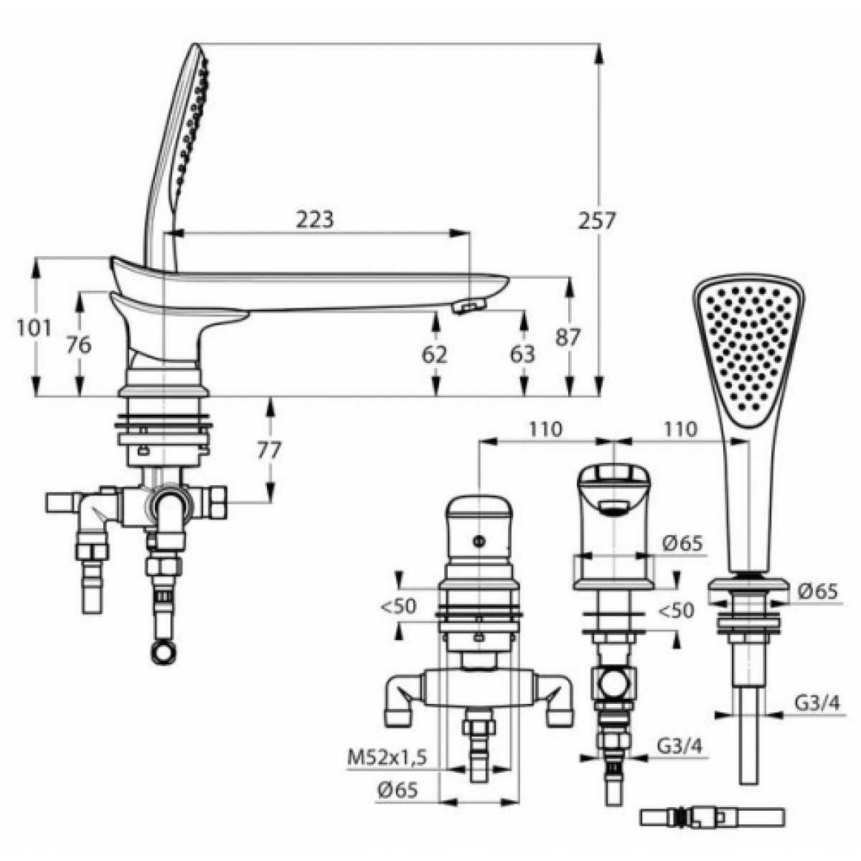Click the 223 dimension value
315,220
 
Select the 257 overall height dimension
596,220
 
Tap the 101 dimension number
34,329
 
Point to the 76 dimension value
79,345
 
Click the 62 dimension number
434,354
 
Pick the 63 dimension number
522,354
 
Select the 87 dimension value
568,337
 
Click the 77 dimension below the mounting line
269,451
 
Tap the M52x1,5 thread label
387,757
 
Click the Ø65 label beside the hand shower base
817,592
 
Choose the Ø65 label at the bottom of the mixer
397,791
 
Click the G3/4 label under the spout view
680,745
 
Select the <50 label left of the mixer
398,606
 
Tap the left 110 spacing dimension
545,429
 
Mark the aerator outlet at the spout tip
469,307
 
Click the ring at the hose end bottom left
162,653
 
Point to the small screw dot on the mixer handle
480,541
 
